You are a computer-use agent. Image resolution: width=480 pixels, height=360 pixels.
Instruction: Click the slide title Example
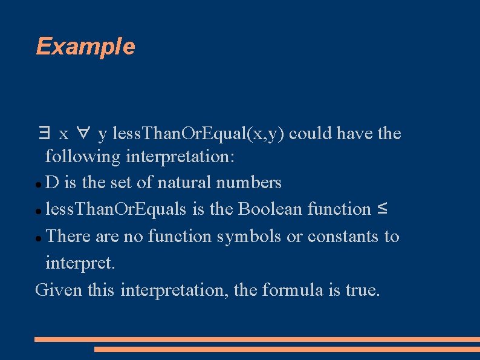pyautogui.click(x=85, y=46)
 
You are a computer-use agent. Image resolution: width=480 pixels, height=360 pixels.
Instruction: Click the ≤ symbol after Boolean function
pyautogui.click(x=382, y=209)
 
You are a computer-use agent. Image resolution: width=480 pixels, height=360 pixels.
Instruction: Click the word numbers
pyautogui.click(x=257, y=182)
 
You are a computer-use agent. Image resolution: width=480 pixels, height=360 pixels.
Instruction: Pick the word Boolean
pyautogui.click(x=271, y=209)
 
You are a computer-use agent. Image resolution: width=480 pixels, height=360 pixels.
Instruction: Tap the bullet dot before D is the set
pyautogui.click(x=38, y=184)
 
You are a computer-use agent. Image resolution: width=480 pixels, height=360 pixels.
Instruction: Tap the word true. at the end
pyautogui.click(x=363, y=290)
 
